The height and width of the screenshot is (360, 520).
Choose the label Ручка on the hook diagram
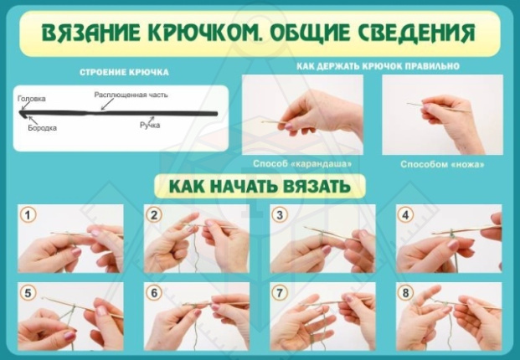click(x=150, y=125)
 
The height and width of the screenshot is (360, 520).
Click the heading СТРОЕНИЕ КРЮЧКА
click(x=123, y=71)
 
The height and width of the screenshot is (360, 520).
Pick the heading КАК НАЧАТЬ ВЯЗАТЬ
click(x=259, y=186)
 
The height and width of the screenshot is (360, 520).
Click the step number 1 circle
click(x=29, y=215)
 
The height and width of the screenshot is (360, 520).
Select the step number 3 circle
click(x=281, y=215)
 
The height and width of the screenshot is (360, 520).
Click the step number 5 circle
click(x=29, y=293)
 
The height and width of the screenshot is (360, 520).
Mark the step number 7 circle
click(x=281, y=293)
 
